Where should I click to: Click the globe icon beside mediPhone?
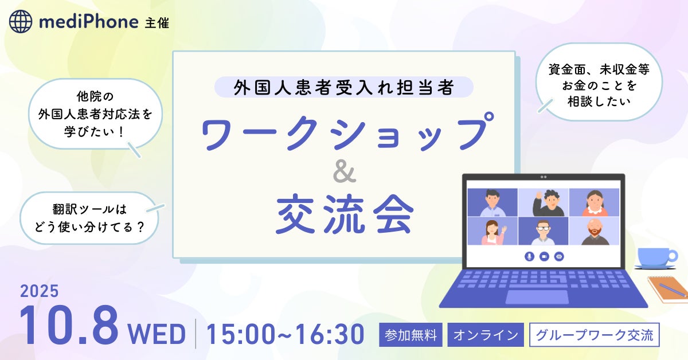21,21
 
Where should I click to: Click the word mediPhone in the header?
89,22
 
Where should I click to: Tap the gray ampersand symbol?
345,173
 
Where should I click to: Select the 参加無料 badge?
411,335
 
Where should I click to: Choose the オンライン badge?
486,335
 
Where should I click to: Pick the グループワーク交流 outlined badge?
595,335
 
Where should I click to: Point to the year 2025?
40,291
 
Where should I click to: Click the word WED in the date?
157,334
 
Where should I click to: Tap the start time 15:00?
241,334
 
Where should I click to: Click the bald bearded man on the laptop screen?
595,232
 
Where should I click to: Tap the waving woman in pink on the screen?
492,232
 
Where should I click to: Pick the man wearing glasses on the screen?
543,232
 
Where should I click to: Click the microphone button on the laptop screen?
529,256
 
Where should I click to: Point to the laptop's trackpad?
537,297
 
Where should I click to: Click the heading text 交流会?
345,214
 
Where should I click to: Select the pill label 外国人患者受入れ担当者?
344,87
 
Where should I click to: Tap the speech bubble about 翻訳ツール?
89,218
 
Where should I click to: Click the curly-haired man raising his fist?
549,203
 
